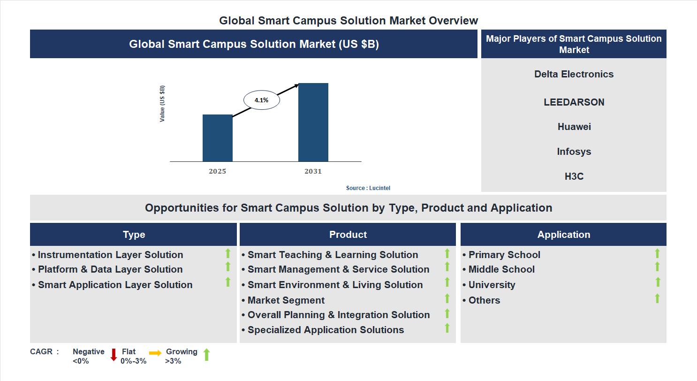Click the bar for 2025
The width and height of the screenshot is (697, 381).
tap(217, 138)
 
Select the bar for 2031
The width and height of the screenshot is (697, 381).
tap(313, 122)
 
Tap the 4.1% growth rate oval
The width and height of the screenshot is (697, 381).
tap(261, 100)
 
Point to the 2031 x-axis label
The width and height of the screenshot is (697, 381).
tap(313, 171)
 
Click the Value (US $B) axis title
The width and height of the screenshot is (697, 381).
tap(162, 104)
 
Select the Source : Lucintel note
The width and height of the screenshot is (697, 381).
tap(368, 188)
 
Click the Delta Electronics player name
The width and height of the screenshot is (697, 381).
tap(574, 74)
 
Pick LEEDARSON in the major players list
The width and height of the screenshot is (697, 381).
tap(574, 102)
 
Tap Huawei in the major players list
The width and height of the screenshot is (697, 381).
tap(574, 127)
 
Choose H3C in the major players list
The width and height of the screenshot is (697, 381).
tap(574, 176)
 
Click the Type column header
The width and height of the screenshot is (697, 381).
tap(134, 235)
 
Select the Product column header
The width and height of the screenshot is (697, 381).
tap(348, 235)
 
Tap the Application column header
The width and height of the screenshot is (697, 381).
tap(563, 235)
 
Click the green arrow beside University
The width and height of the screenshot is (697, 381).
tap(658, 282)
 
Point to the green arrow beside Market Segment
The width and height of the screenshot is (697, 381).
tap(447, 298)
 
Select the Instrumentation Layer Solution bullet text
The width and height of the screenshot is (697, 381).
tap(110, 255)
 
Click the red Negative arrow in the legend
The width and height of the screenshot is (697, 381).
tap(114, 355)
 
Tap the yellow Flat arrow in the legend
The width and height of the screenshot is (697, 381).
tap(155, 352)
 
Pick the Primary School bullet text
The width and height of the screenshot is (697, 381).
tap(504, 255)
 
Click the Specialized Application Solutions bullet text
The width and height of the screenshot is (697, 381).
tap(326, 330)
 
